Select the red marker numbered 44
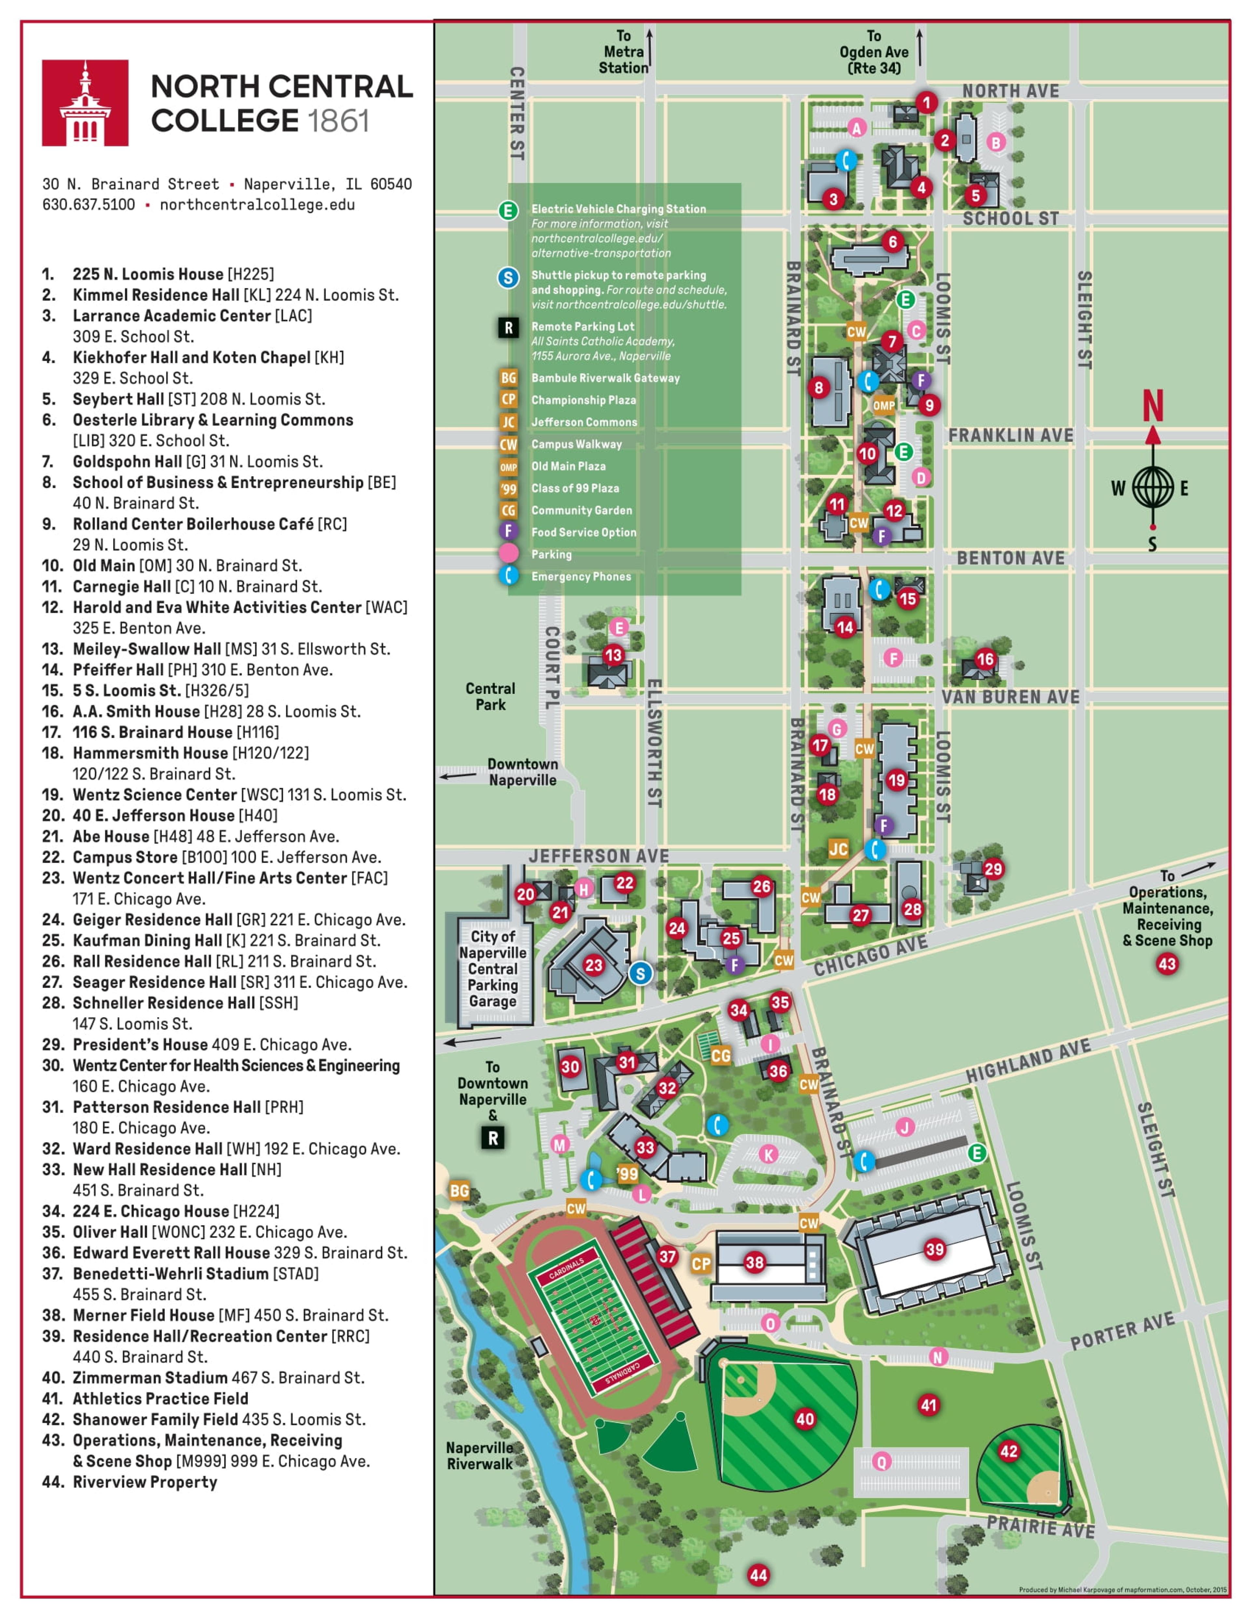(x=758, y=1575)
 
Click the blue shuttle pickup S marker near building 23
(x=641, y=974)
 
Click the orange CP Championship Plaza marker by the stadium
(x=701, y=1264)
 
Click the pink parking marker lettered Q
(x=881, y=1461)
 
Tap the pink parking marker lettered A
(x=857, y=128)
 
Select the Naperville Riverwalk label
(x=480, y=1456)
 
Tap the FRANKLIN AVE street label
(x=1011, y=435)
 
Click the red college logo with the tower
(x=85, y=103)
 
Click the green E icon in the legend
(x=508, y=210)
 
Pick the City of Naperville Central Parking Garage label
(x=493, y=968)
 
